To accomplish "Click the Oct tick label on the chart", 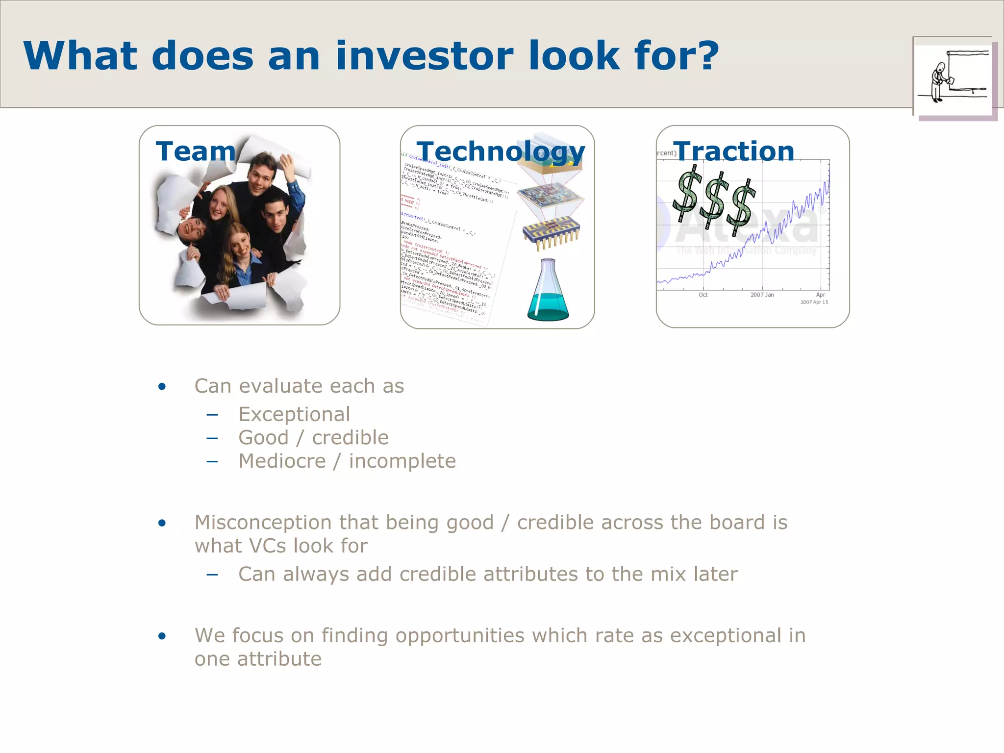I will tap(703, 295).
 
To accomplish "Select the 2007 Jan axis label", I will tap(762, 295).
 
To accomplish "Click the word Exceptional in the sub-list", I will tap(294, 414).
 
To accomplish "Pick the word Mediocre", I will tap(282, 461).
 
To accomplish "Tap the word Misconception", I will tap(262, 523).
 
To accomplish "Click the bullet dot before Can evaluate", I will tap(162, 387).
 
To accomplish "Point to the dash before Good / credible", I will tap(212, 438).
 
